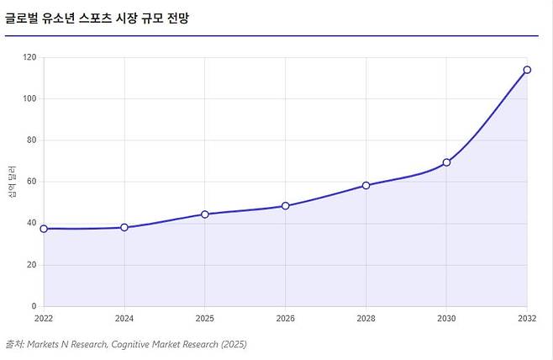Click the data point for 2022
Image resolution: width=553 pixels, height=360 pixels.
(x=44, y=229)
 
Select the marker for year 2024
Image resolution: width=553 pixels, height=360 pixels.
(x=124, y=227)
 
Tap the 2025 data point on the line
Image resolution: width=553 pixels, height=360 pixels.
(x=205, y=214)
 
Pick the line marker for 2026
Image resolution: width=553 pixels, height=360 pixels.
(x=285, y=206)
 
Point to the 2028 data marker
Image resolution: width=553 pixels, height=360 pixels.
(x=366, y=185)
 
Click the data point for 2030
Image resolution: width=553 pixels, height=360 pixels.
(x=446, y=162)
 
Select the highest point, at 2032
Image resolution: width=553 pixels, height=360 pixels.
(x=527, y=70)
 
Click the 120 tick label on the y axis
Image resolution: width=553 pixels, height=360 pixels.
(x=29, y=57)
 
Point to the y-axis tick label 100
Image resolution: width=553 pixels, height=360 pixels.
(x=29, y=98)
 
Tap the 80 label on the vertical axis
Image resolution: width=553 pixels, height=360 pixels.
(x=32, y=140)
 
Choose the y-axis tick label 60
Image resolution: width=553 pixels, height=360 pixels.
(x=32, y=182)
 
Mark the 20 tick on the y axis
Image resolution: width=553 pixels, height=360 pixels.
(x=32, y=265)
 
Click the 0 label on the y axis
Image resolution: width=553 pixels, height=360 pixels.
(x=34, y=306)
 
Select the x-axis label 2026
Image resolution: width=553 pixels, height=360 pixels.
(x=285, y=318)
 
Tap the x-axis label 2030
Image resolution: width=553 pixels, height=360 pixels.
(x=446, y=318)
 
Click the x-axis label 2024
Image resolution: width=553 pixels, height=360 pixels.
(x=124, y=318)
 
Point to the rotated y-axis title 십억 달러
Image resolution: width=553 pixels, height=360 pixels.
(x=12, y=182)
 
